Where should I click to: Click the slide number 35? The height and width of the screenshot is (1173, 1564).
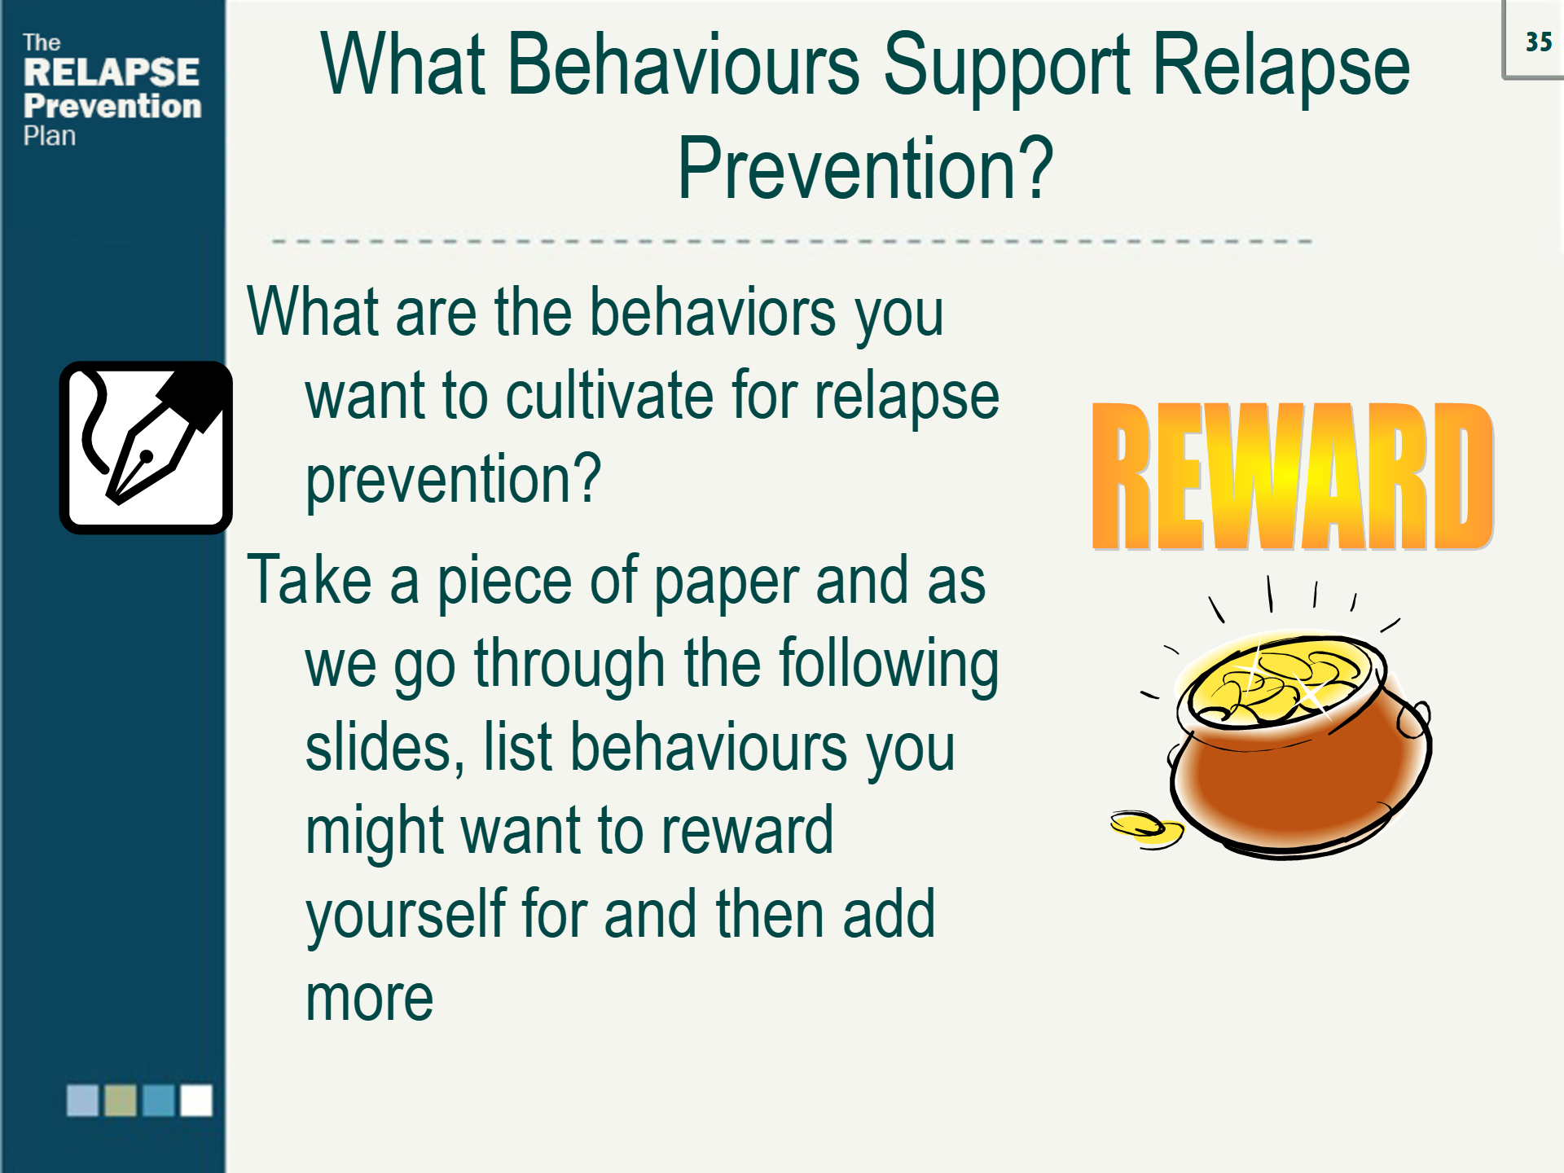click(x=1538, y=42)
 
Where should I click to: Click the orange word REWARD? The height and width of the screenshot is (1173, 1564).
click(x=1292, y=477)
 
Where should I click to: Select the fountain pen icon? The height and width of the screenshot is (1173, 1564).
click(x=146, y=448)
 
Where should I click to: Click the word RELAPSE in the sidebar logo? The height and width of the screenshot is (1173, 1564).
click(x=111, y=72)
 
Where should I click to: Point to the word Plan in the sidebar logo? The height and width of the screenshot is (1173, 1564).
click(x=49, y=136)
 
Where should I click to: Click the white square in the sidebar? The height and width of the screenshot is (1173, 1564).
click(x=196, y=1100)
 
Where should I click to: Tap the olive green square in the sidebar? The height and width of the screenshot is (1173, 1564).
click(x=121, y=1100)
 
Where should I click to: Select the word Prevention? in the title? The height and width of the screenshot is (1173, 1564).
click(x=865, y=169)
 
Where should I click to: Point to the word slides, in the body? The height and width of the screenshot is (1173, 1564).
click(x=384, y=748)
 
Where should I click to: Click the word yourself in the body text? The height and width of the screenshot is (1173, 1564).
click(x=404, y=915)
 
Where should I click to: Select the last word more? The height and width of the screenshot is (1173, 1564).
click(x=369, y=999)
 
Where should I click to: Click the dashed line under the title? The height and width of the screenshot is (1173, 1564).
click(x=790, y=241)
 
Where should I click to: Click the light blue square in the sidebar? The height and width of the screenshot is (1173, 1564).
click(x=82, y=1100)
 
